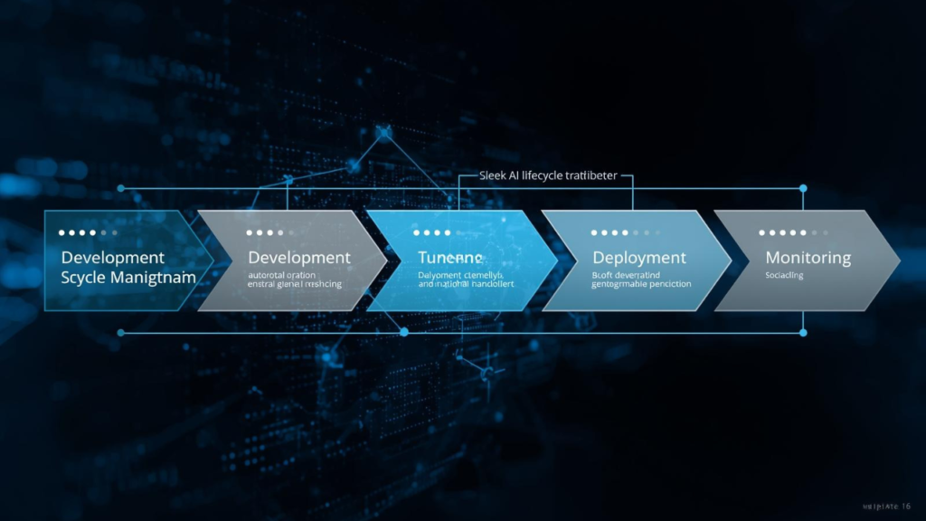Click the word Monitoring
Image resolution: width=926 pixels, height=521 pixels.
[x=808, y=258]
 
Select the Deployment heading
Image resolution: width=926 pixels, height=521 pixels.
[x=638, y=258]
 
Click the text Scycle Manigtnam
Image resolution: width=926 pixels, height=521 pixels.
[x=128, y=278]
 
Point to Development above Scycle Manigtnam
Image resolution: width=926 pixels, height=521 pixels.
[x=113, y=258]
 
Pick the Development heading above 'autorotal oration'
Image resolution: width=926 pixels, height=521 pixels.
[x=299, y=258]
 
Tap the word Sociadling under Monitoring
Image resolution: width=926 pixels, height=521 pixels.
[x=784, y=275]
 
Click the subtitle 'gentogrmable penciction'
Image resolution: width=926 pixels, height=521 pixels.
[x=641, y=284]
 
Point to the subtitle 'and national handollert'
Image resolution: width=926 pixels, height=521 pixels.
[x=465, y=284]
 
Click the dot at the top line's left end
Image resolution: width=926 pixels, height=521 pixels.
[x=121, y=188]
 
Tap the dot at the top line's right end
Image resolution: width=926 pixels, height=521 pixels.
[x=802, y=188]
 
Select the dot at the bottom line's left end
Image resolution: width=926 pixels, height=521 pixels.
[x=121, y=333]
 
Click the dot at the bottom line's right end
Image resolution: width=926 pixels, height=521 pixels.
[x=802, y=333]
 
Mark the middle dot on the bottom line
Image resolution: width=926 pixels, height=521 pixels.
[x=404, y=333]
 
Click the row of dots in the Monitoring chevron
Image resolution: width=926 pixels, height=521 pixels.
[x=794, y=233]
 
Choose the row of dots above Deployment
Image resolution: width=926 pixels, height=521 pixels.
[x=621, y=233]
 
